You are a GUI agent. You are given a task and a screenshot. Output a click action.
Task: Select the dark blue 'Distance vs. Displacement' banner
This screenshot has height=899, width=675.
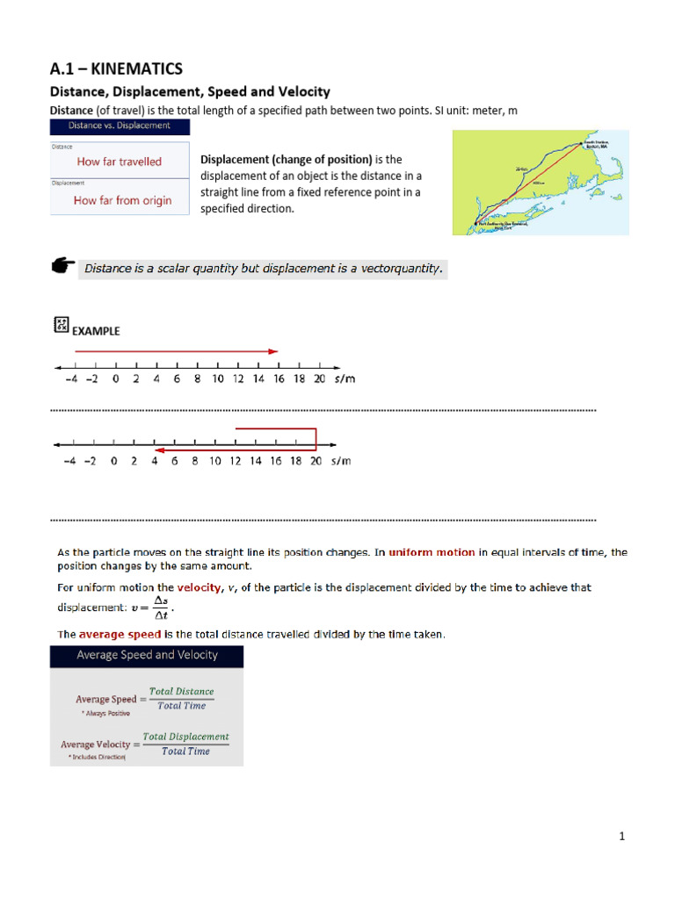(x=120, y=126)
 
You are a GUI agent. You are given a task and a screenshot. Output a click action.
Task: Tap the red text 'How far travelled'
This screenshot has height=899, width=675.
(x=120, y=162)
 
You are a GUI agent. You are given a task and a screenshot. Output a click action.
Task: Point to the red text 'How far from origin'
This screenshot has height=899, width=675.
(x=122, y=200)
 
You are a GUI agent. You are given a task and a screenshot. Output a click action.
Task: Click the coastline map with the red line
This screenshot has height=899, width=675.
(x=541, y=183)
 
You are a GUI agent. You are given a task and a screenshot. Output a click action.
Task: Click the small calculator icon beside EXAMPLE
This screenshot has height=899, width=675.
(x=62, y=326)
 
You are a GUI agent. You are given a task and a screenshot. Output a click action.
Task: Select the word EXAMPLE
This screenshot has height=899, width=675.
(x=96, y=331)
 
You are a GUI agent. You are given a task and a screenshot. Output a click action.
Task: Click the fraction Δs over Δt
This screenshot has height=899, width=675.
(x=159, y=607)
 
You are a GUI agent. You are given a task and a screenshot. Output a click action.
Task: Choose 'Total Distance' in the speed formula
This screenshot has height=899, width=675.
(x=181, y=691)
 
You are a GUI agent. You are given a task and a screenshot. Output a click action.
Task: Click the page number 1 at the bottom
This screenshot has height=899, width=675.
(x=621, y=837)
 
